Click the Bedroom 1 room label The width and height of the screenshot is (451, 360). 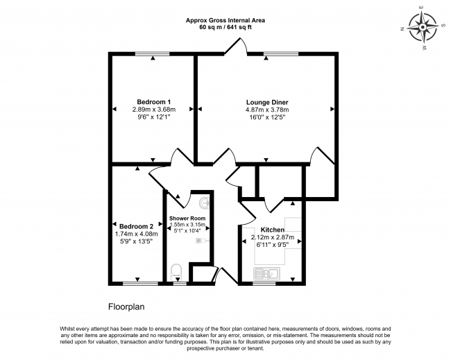pos(154,102)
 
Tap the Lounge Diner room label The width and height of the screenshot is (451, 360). pos(267,102)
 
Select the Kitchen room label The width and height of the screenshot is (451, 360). pos(273,230)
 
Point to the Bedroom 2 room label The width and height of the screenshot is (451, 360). pos(136,226)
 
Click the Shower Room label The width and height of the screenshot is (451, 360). pos(187,218)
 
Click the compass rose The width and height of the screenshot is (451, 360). pos(423,28)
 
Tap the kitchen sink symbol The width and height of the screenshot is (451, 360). pos(266,273)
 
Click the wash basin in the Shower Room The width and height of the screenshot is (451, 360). pos(205,203)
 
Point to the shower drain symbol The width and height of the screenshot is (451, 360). pos(199,241)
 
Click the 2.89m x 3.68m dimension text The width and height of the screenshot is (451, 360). pos(154,110)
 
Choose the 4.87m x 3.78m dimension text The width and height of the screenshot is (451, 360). pos(267,110)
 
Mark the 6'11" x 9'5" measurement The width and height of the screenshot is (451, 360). pos(273,245)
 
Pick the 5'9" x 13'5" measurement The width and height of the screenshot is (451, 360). pos(136,241)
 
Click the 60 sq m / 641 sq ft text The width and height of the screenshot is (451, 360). pos(226,28)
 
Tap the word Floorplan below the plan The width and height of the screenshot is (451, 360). pos(126,307)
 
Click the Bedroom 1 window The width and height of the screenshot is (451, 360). pos(153,53)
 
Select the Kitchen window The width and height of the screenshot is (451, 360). pos(264,284)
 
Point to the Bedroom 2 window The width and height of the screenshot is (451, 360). pos(140,284)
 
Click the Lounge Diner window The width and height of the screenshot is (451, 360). pos(281,53)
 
